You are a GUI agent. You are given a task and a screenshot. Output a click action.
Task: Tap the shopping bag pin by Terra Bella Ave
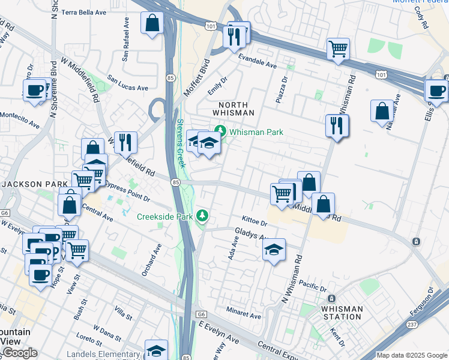tap(152, 23)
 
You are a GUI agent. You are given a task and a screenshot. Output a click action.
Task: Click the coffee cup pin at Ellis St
tap(436, 91)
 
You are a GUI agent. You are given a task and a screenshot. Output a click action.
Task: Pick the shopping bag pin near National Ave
tap(382, 111)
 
